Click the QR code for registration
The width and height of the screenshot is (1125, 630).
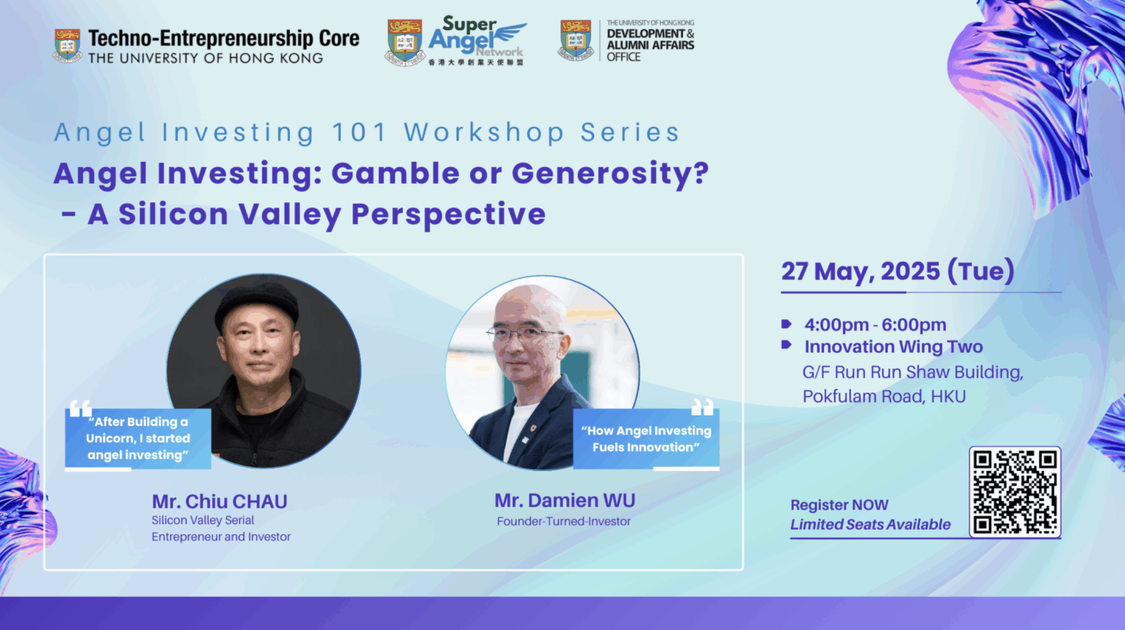[x=1015, y=492]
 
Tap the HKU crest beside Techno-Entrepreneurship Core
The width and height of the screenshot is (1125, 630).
[x=67, y=45]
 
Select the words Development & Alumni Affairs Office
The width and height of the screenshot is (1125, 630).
[x=650, y=45]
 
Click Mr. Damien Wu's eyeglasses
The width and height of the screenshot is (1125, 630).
[x=524, y=333]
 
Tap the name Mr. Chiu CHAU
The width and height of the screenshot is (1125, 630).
[x=220, y=501]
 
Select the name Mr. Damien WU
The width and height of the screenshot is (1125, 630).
[x=565, y=500]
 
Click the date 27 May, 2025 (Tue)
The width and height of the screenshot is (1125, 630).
[x=897, y=272]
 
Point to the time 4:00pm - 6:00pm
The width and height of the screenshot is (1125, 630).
[x=875, y=325]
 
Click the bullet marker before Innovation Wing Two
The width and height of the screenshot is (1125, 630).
[x=787, y=344]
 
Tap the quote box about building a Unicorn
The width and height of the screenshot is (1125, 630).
[x=138, y=439]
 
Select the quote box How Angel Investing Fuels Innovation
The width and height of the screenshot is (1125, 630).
[x=646, y=439]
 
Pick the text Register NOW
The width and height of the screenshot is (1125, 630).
[x=839, y=505]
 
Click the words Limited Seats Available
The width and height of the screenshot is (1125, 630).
[x=870, y=525]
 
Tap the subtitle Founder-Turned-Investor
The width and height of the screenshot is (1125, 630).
[x=563, y=522]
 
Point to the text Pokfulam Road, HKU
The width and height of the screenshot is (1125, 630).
[x=884, y=396]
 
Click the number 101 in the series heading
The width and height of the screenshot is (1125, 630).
[x=359, y=133]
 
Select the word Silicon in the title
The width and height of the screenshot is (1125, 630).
[x=174, y=214]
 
